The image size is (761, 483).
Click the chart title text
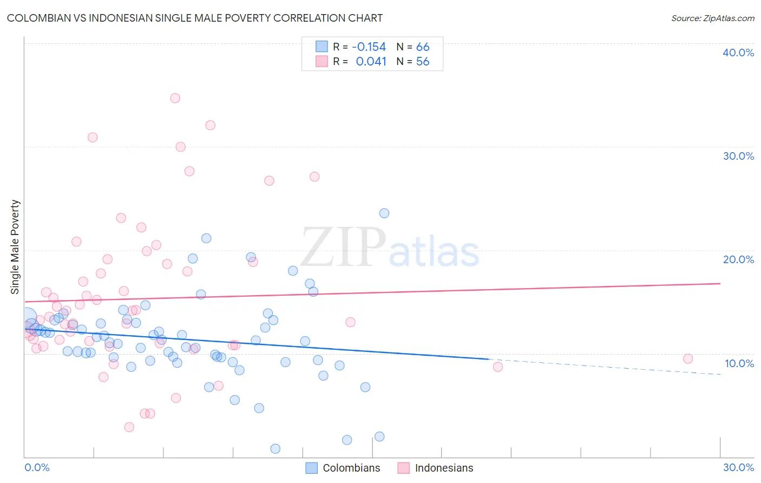tap(194, 18)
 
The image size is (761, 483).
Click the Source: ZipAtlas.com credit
tap(712, 18)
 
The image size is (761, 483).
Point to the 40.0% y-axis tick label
tap(738, 53)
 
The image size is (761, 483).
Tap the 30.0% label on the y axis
tap(738, 156)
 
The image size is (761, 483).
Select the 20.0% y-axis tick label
tap(738, 259)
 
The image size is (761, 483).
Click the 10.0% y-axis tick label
tap(739, 363)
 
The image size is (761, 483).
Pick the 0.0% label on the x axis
tap(37, 467)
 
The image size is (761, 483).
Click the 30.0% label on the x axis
tap(738, 467)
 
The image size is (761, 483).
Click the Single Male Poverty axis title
tap(15, 247)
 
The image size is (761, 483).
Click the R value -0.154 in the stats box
tap(369, 47)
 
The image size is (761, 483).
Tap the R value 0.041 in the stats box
tap(371, 62)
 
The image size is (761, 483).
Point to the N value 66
tap(423, 47)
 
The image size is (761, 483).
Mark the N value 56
tap(423, 62)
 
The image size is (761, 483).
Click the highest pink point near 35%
tap(175, 98)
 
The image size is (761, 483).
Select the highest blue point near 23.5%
tap(384, 213)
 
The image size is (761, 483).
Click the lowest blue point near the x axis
tap(275, 449)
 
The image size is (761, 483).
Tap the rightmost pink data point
tap(688, 358)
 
